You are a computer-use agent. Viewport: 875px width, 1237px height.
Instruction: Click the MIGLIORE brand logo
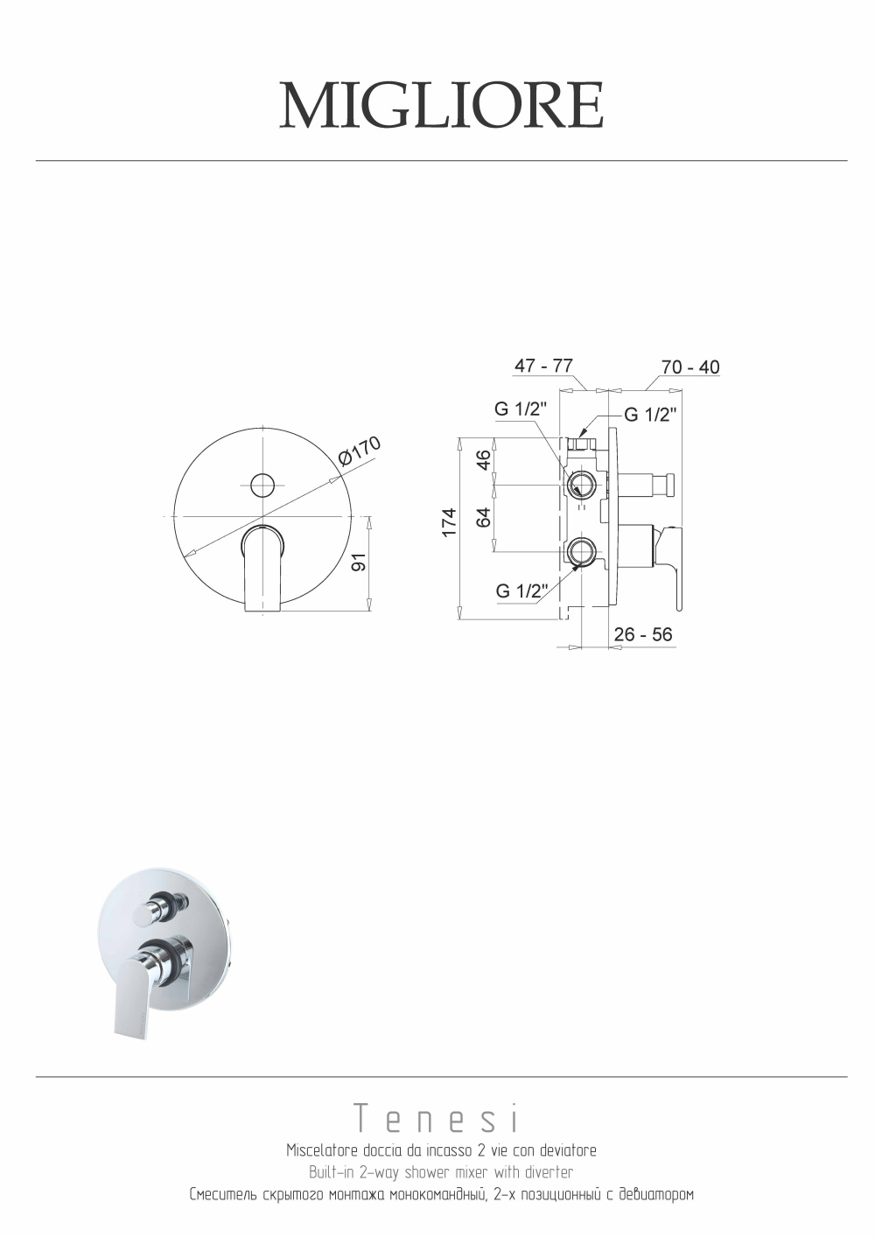[441, 105]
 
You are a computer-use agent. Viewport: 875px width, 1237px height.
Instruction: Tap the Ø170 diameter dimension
[359, 451]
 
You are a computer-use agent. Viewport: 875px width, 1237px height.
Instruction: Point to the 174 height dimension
[449, 522]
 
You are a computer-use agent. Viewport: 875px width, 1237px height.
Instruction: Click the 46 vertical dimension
[483, 459]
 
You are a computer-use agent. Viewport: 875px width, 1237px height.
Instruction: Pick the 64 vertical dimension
[483, 517]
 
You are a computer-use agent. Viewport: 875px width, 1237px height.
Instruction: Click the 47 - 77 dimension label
[543, 366]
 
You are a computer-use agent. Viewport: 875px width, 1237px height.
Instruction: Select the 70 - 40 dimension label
[690, 367]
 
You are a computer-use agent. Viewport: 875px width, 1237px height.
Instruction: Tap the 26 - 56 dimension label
[643, 634]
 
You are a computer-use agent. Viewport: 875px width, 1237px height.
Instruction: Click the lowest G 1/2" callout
[521, 591]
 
